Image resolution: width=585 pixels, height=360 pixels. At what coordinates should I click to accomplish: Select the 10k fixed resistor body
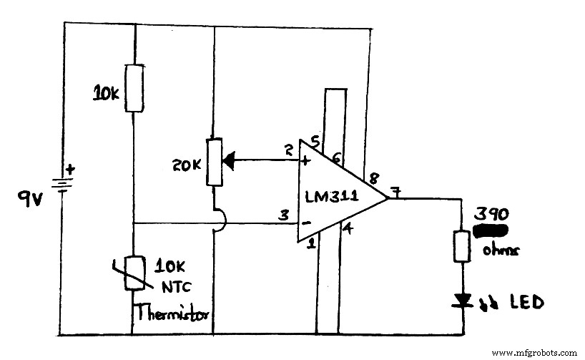[134, 87]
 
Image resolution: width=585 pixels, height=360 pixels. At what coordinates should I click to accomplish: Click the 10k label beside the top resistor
[107, 92]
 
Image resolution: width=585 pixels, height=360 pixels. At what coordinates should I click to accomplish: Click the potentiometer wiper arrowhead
[231, 160]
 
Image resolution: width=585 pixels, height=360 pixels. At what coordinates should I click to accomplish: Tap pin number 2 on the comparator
[288, 150]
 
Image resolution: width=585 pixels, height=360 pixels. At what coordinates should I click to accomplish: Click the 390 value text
[491, 215]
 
